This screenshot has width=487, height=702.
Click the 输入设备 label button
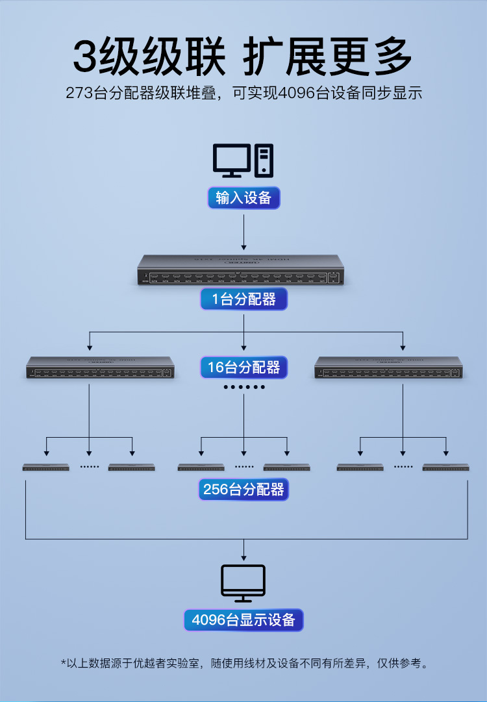[243, 198]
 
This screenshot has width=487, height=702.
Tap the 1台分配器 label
[243, 299]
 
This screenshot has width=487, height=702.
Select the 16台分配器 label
[243, 368]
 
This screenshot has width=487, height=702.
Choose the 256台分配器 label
[243, 489]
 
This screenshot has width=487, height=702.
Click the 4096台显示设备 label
[243, 620]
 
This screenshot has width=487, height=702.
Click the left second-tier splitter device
[99, 368]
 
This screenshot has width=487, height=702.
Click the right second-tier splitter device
[388, 368]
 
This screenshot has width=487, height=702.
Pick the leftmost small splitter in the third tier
[45, 467]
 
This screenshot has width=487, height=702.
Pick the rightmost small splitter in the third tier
[445, 467]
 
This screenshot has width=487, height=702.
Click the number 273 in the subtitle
[79, 93]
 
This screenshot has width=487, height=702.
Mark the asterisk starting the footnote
[64, 662]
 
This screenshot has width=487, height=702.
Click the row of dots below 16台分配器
[243, 388]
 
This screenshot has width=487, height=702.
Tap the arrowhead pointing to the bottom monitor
[243, 557]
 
